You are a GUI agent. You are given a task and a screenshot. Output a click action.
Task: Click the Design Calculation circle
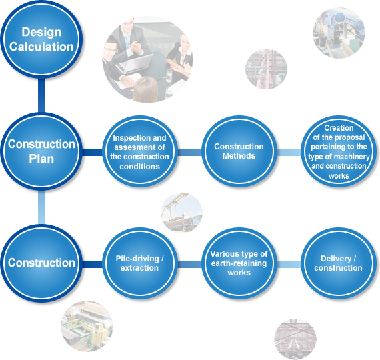(x=41, y=39)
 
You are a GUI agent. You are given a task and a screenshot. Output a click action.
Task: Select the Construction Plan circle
(x=41, y=151)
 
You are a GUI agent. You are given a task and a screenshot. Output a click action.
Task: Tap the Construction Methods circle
(x=239, y=151)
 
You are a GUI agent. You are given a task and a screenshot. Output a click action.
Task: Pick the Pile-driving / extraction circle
(x=139, y=263)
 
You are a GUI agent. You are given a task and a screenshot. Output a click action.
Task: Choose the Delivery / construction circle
(x=339, y=263)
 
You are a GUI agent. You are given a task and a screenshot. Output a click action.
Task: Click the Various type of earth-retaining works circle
(x=239, y=263)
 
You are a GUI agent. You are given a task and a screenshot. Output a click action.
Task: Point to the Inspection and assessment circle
(x=139, y=151)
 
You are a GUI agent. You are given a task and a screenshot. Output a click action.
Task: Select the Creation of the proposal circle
(x=339, y=151)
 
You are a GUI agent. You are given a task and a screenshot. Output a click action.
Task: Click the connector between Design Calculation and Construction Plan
(x=41, y=95)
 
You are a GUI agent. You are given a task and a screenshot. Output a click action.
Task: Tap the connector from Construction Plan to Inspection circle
(x=93, y=153)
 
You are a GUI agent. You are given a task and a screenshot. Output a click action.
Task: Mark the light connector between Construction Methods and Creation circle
(x=289, y=153)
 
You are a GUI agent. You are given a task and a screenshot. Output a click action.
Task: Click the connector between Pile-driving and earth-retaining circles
(x=189, y=265)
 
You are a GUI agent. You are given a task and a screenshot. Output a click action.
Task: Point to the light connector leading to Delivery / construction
(x=289, y=265)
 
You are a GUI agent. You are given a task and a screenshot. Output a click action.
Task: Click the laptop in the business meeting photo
(x=134, y=64)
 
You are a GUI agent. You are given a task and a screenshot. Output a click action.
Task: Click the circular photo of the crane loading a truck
(x=182, y=213)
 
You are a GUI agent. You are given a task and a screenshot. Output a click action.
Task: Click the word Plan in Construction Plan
(x=41, y=159)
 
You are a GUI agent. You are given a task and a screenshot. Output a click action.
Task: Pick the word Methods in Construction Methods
(x=239, y=156)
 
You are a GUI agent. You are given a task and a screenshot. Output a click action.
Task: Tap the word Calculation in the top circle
(x=41, y=47)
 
